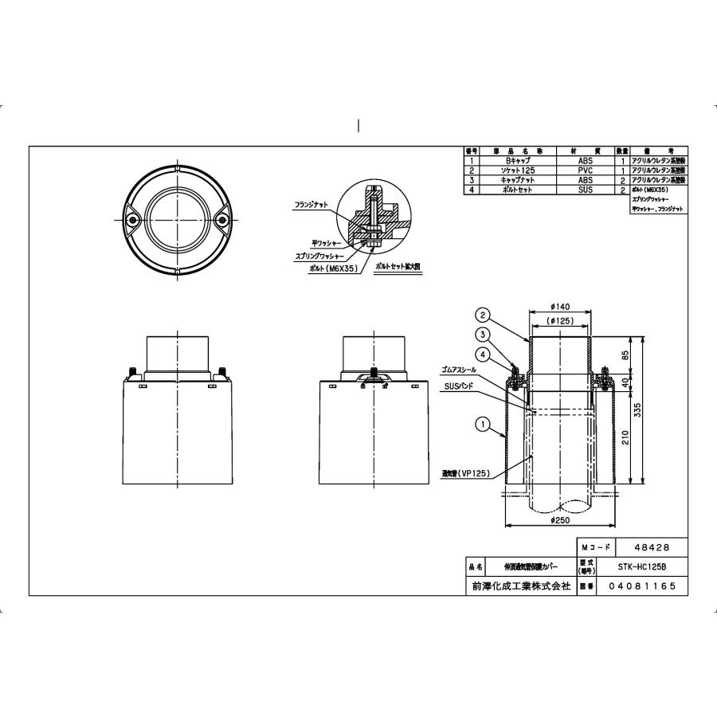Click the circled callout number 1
(481, 425)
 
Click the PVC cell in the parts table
(586, 170)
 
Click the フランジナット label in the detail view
(310, 204)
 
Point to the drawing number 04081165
(641, 586)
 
